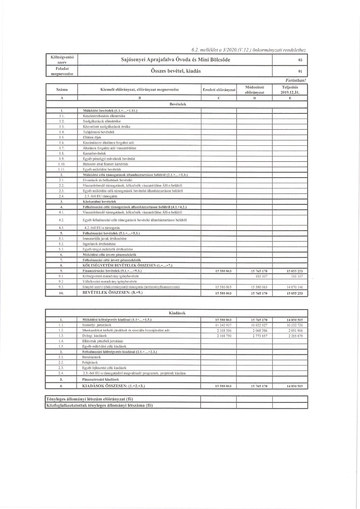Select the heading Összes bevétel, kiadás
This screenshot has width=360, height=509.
[175, 71]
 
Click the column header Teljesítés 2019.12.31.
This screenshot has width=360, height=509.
[290, 89]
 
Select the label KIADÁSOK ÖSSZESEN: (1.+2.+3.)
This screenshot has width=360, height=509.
[113, 386]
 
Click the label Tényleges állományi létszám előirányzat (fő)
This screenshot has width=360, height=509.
[92, 399]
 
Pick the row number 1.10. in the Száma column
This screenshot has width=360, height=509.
[62, 164]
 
